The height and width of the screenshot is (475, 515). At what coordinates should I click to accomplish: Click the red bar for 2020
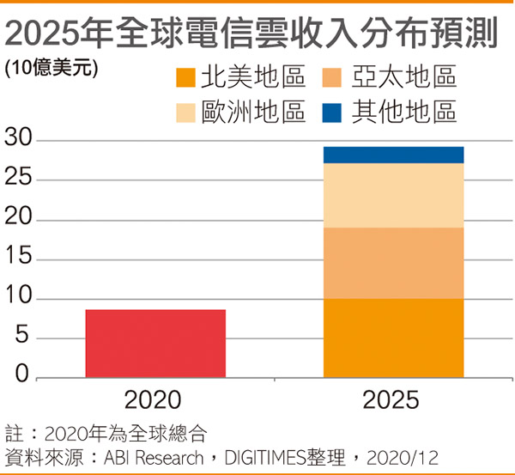(x=155, y=344)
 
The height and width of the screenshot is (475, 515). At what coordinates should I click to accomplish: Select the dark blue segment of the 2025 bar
(x=393, y=155)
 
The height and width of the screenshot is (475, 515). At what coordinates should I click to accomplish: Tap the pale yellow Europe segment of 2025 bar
(x=393, y=195)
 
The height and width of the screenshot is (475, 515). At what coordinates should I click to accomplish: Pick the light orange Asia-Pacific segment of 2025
(x=393, y=263)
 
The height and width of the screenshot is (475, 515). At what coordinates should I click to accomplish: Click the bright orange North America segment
(x=393, y=338)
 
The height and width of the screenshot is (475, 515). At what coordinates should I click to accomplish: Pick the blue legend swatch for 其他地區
(x=336, y=113)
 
